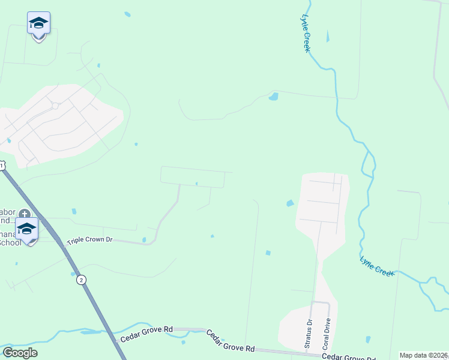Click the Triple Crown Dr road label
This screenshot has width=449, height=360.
click(x=90, y=240)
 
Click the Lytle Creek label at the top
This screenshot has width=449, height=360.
click(x=307, y=33)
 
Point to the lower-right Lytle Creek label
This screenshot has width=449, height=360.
click(x=377, y=266)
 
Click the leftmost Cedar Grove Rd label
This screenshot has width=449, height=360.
click(x=146, y=334)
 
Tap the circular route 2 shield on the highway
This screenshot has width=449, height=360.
click(x=81, y=280)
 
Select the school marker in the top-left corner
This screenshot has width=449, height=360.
click(x=38, y=24)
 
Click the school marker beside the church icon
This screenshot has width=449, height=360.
click(x=26, y=229)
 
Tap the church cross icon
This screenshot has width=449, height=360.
click(x=24, y=214)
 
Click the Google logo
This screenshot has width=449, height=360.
click(x=20, y=353)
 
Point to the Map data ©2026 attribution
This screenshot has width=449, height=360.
click(x=423, y=355)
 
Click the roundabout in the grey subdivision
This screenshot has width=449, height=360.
click(x=55, y=106)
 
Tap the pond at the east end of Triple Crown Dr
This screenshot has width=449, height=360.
click(x=144, y=240)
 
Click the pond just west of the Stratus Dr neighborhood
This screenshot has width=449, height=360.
click(x=291, y=203)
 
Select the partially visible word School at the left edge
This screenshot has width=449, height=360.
click(x=10, y=242)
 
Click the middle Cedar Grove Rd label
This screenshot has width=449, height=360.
click(x=231, y=340)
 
